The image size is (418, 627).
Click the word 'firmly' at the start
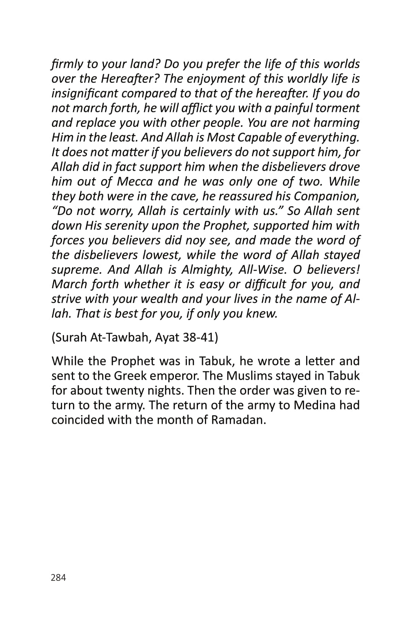(65, 64)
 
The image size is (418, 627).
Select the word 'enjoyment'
(228, 79)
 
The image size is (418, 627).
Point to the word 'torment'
(340, 108)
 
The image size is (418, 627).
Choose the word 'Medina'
(314, 405)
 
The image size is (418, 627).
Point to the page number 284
(58, 578)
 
